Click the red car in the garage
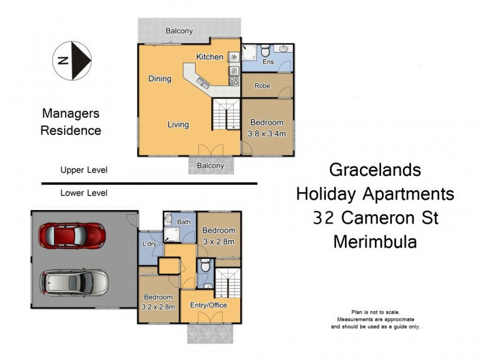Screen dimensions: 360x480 (x=71, y=236)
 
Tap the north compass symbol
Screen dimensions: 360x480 (x=72, y=60)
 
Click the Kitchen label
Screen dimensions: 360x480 (x=209, y=57)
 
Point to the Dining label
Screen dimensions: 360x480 (x=160, y=79)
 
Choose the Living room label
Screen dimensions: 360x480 (x=178, y=125)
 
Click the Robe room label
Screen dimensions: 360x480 (x=262, y=86)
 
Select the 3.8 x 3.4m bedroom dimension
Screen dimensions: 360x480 (x=266, y=133)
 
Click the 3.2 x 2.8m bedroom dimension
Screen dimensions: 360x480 (x=158, y=307)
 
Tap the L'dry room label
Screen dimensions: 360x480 (x=149, y=245)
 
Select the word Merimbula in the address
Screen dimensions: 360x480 (x=375, y=242)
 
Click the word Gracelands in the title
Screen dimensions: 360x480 (x=375, y=170)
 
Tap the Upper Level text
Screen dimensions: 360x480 (x=83, y=170)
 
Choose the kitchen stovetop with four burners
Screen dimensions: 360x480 (x=234, y=80)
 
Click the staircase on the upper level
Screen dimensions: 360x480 (x=226, y=114)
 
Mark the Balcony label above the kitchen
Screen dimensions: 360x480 (x=179, y=30)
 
